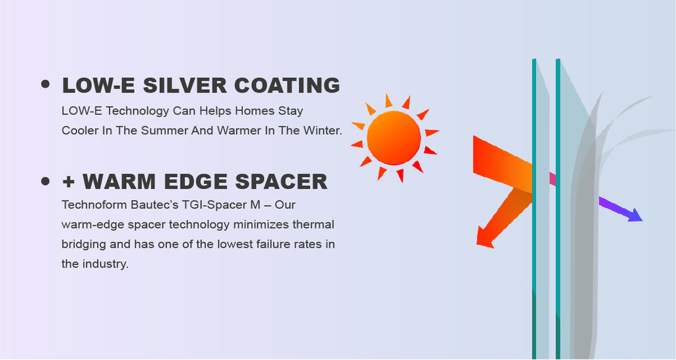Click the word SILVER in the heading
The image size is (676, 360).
pos(185,85)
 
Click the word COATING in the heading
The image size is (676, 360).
pos(287,85)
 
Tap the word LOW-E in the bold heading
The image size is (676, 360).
pos(99,85)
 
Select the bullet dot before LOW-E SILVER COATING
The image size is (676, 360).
pos(46,84)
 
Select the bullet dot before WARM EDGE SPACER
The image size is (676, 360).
pos(46,180)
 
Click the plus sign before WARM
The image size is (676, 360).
pos(69,182)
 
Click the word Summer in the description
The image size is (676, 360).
pos(164,130)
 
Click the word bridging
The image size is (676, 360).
pos(84,244)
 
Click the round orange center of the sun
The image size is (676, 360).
pos(393,138)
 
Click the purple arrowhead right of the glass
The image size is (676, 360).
pos(634,215)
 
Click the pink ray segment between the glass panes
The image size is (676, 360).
pos(553,178)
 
